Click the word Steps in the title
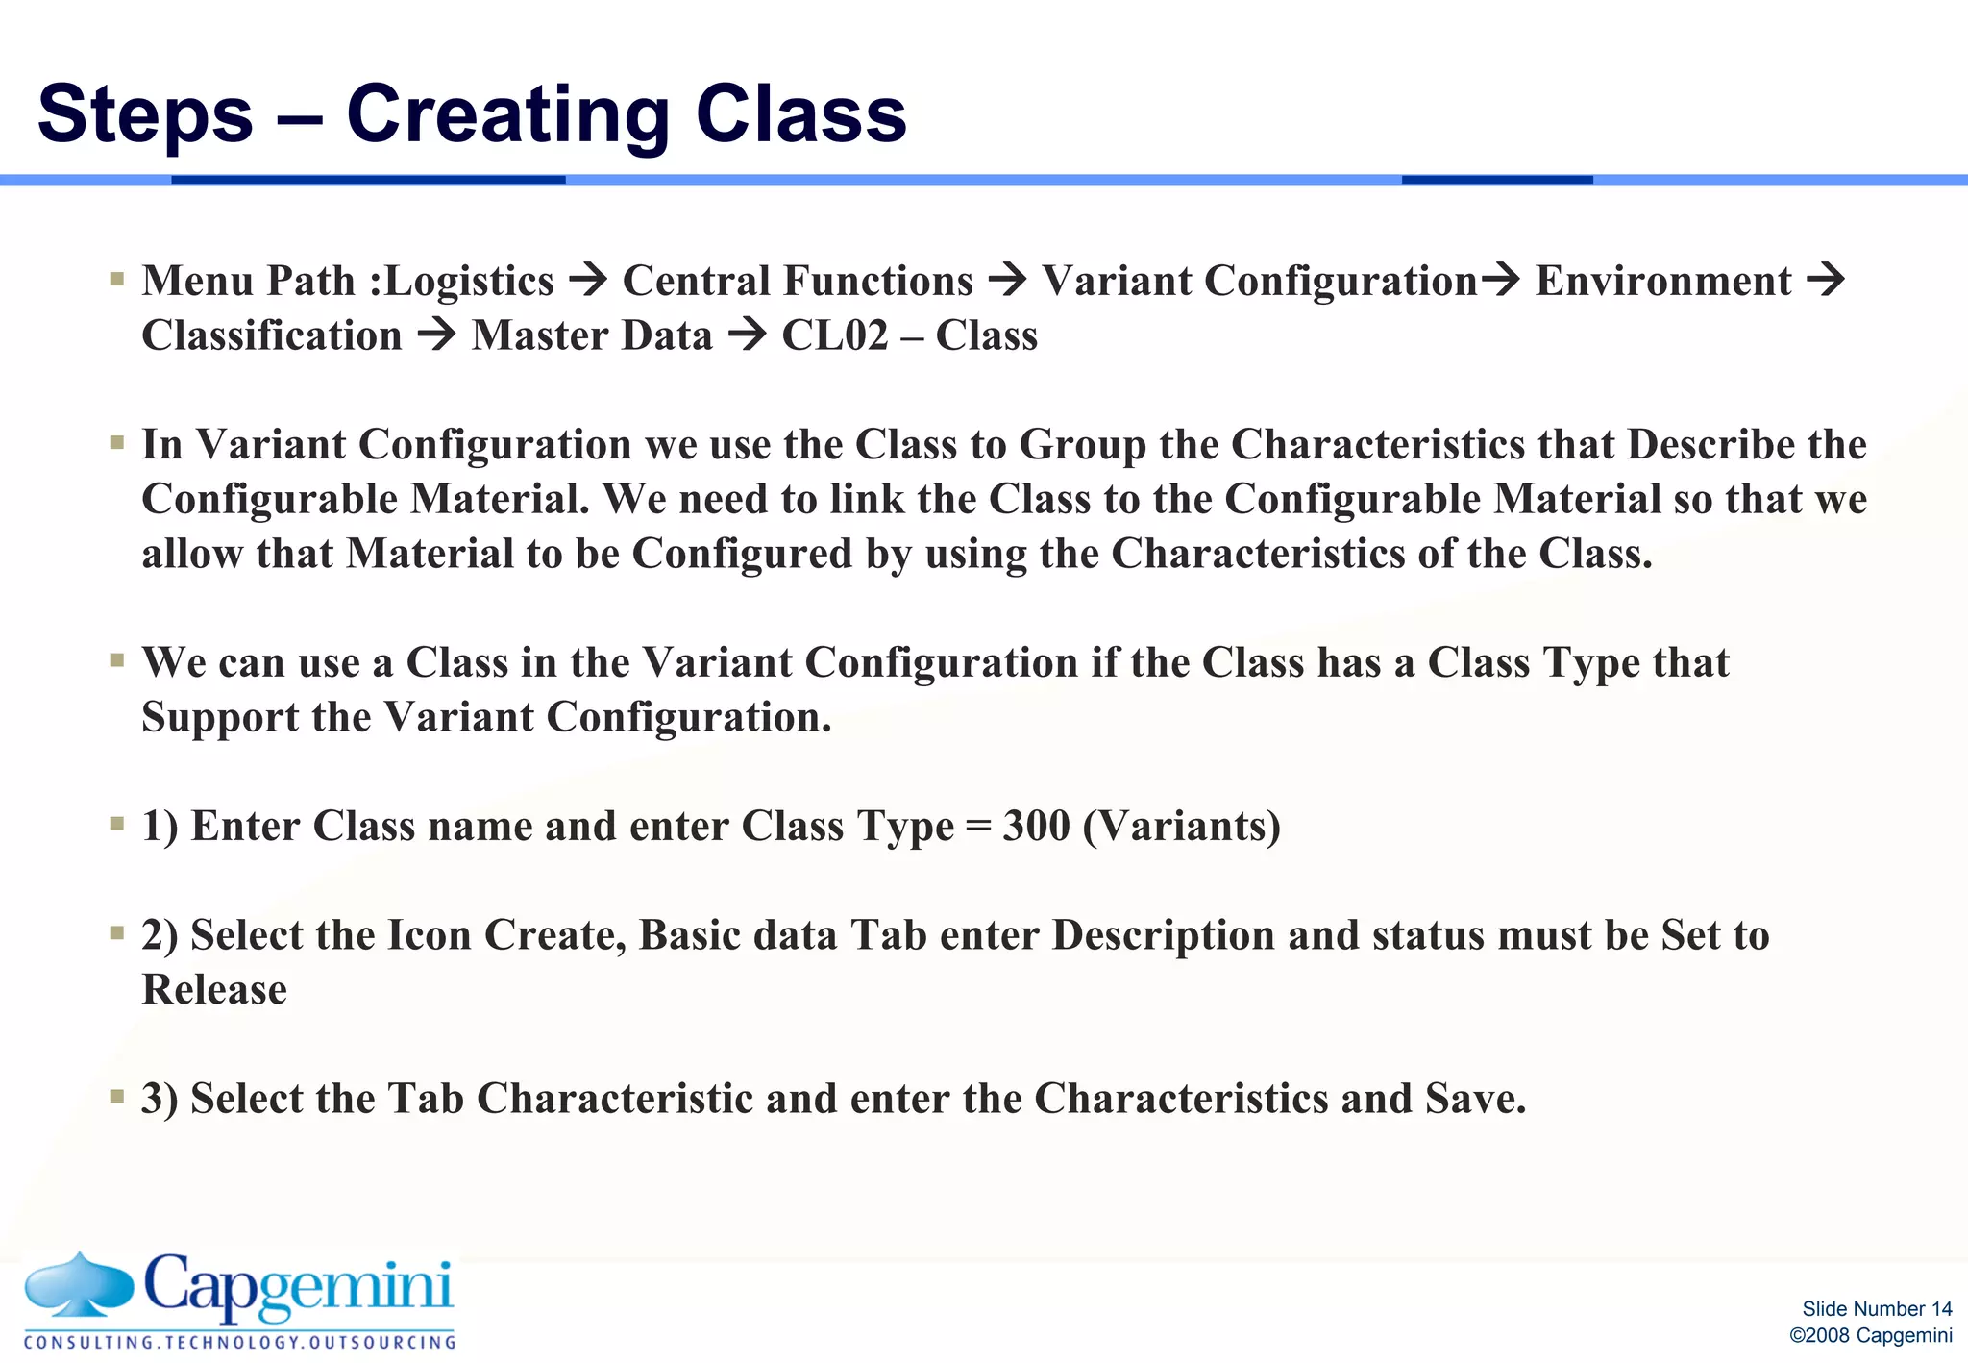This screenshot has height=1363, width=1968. point(144,114)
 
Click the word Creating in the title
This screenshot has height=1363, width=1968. point(507,114)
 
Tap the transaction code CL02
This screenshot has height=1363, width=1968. point(834,335)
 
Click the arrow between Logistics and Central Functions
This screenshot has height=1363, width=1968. point(588,281)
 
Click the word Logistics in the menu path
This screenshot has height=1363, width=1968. point(468,281)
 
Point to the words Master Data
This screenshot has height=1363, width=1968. point(592,335)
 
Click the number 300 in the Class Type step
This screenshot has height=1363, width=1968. point(1035,826)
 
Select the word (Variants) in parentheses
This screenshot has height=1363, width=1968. point(1181,826)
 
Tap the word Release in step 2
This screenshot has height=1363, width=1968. point(214,990)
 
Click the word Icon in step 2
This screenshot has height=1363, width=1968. point(428,935)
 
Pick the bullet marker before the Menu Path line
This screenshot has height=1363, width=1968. point(117,280)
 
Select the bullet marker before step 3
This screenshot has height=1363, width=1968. point(117,1097)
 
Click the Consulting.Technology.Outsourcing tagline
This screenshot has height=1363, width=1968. point(239,1342)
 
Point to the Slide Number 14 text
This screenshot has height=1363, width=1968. point(1876,1309)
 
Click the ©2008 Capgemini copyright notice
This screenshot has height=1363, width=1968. point(1870,1336)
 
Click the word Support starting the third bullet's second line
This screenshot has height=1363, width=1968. point(220,717)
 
